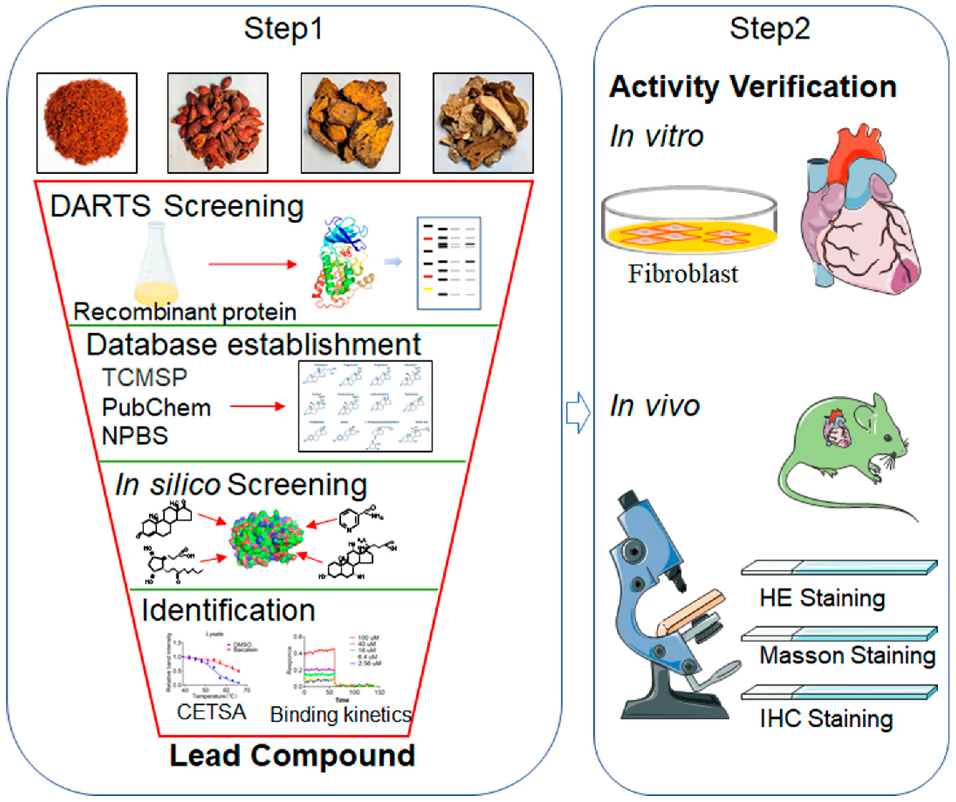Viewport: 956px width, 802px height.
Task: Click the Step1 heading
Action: (283, 29)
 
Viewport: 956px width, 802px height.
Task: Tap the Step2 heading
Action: (769, 29)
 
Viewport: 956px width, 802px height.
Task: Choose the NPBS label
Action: (135, 436)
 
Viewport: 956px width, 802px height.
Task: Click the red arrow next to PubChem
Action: (257, 406)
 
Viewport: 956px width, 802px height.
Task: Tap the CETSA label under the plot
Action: (211, 712)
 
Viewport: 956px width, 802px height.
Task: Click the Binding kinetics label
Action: (340, 714)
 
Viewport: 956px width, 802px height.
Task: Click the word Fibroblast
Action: (683, 274)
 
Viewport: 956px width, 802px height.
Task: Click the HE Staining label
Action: (822, 598)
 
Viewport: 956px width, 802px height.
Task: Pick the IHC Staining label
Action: (826, 719)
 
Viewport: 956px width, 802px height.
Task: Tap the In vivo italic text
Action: (654, 406)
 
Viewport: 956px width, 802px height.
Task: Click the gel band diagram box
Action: (449, 263)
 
